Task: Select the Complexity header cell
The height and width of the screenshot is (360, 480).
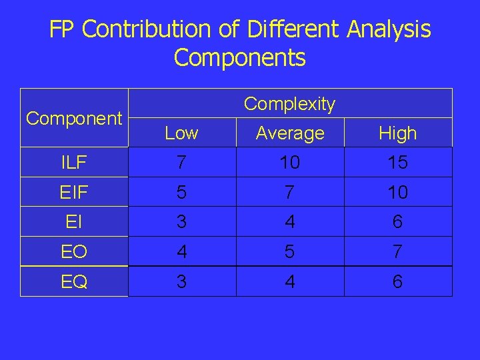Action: (x=289, y=104)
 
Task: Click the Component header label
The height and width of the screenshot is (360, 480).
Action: (x=74, y=119)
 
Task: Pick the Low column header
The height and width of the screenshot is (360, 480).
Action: (x=181, y=133)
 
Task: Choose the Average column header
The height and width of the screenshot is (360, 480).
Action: (x=290, y=133)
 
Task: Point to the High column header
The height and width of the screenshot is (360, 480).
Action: (x=398, y=133)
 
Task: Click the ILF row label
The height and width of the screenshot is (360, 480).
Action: (x=74, y=163)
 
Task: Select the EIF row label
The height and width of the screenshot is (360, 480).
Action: (x=74, y=193)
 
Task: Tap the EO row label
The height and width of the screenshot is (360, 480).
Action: (x=74, y=252)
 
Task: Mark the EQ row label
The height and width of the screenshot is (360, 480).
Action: (x=74, y=282)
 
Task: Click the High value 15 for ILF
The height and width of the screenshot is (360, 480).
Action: (x=398, y=163)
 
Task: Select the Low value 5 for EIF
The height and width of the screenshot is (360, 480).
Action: (x=181, y=193)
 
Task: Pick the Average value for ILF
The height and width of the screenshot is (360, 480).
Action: (x=290, y=163)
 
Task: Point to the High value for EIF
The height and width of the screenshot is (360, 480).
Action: (x=398, y=193)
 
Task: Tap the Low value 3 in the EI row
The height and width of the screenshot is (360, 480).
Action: (x=181, y=222)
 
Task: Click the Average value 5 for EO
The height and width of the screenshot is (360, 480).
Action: (x=290, y=252)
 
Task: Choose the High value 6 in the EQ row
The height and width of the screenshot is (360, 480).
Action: (x=398, y=282)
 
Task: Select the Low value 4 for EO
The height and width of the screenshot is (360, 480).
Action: (x=181, y=252)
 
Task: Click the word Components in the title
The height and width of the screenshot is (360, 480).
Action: (x=239, y=58)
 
